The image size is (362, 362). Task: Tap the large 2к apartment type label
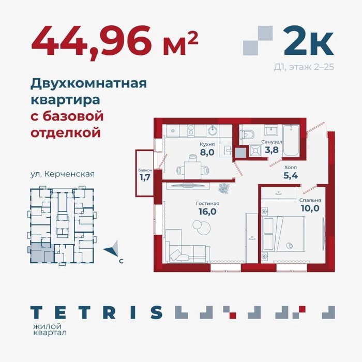click(x=309, y=40)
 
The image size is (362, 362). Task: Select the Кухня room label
click(x=207, y=144)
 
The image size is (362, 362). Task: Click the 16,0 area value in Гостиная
click(x=207, y=211)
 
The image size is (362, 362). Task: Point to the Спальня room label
click(x=310, y=200)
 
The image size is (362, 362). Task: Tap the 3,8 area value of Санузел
click(x=271, y=150)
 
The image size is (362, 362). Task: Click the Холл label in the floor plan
click(x=291, y=167)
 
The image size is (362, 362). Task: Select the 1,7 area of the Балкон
click(x=145, y=177)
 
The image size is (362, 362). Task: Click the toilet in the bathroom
click(x=247, y=134)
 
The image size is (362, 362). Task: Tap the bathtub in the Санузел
click(x=291, y=140)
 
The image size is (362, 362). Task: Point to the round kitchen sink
click(x=213, y=131)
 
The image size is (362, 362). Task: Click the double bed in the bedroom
click(x=283, y=234)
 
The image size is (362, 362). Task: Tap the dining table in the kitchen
click(x=192, y=170)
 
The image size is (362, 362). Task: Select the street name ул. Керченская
click(x=63, y=174)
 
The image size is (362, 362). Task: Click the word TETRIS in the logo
click(x=97, y=312)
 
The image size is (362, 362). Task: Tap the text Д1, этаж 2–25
click(x=304, y=67)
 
